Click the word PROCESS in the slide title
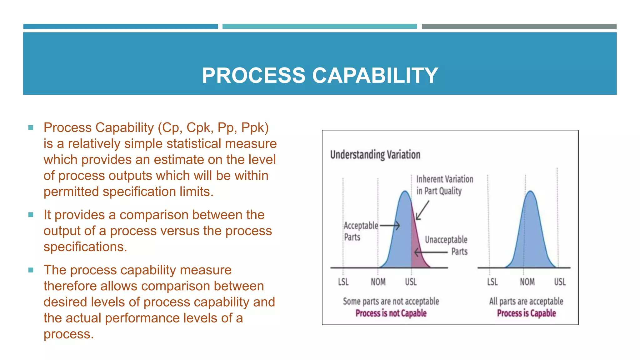253,76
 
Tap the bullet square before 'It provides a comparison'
31,215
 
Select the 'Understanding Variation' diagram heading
375,155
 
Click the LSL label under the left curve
343,282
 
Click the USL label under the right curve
560,282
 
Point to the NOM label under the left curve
378,282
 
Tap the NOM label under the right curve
527,282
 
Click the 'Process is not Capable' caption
391,313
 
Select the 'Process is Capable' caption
526,313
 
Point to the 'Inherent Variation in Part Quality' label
444,185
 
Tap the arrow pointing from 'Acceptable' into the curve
390,225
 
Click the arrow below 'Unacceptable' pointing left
431,252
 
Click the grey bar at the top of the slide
519,27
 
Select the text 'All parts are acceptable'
526,301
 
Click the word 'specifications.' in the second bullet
85,247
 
